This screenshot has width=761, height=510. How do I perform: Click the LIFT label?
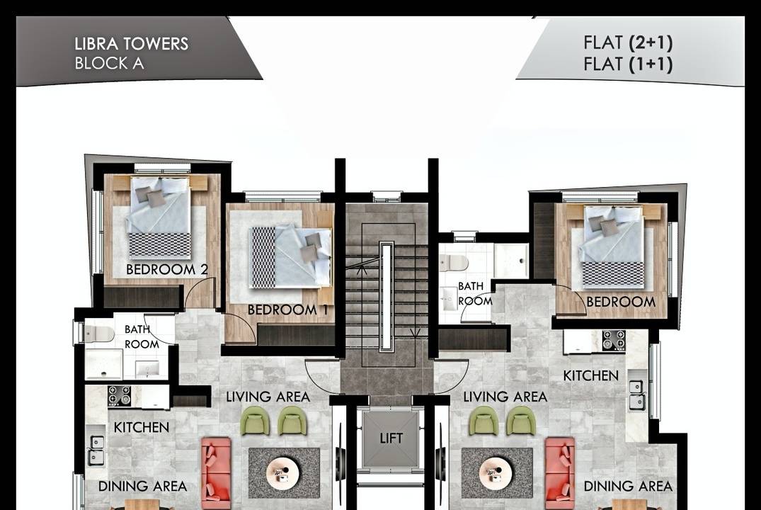(x=391, y=438)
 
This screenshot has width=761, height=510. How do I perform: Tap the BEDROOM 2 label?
(x=167, y=270)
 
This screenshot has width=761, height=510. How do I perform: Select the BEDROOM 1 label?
(x=288, y=310)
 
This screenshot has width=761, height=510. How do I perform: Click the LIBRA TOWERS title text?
(x=131, y=44)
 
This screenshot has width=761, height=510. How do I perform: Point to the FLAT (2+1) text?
(x=628, y=42)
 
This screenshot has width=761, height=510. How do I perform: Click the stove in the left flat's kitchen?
(x=120, y=396)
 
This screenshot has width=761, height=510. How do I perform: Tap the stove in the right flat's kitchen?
(x=614, y=340)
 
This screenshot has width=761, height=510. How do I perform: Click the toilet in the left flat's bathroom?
(x=99, y=334)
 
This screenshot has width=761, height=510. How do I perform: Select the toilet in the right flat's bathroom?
(x=454, y=263)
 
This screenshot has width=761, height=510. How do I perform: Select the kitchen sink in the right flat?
(x=636, y=395)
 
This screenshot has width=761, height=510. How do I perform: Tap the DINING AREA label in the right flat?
(x=628, y=486)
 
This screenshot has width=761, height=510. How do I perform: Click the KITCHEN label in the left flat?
(x=142, y=427)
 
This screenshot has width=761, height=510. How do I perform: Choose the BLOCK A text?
(x=109, y=64)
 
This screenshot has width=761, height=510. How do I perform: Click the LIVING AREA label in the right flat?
(x=505, y=397)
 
